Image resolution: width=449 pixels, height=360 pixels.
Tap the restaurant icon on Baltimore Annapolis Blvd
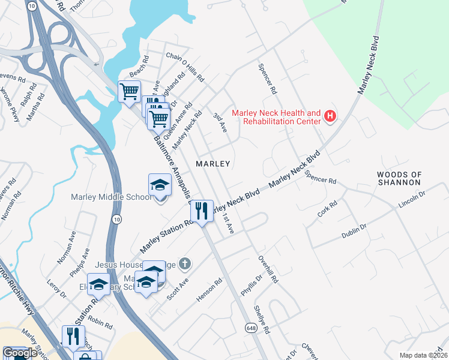pyautogui.click(x=202, y=211)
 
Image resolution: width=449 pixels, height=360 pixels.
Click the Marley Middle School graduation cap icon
pyautogui.click(x=160, y=185)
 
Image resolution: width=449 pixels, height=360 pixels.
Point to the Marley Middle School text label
pyautogui.click(x=111, y=197)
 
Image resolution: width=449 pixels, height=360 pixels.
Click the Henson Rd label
pyautogui.click(x=209, y=290)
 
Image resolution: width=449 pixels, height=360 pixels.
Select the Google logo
pyautogui.click(x=20, y=353)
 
